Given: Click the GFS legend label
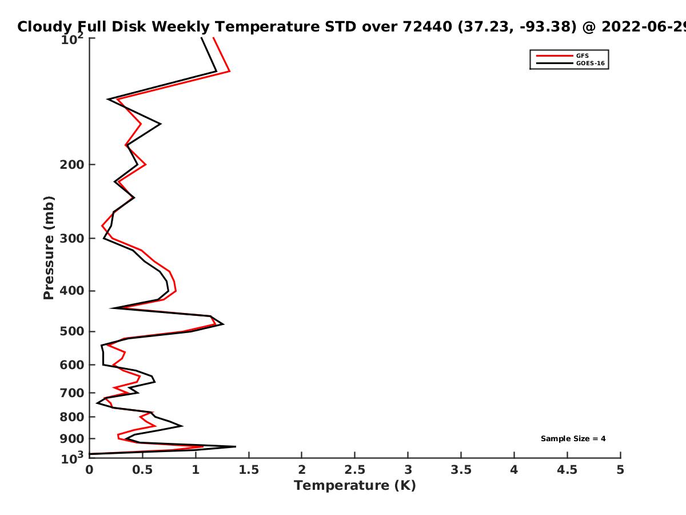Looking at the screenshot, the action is click(582, 56).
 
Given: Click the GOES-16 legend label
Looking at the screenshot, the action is click(591, 63).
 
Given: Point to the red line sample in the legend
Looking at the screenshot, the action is click(555, 56).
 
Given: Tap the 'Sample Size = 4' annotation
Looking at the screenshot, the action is click(573, 438).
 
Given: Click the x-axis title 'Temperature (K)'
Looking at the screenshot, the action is click(355, 486).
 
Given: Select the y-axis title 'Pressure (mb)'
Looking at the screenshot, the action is click(49, 248).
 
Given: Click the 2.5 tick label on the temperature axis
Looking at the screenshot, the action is click(355, 470).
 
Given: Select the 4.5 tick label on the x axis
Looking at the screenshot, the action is click(567, 470).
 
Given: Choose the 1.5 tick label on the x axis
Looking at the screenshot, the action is click(249, 470).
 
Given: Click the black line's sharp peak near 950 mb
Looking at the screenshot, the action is click(236, 446).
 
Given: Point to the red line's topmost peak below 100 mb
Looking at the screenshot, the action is click(230, 72).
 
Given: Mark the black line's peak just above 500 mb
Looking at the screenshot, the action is click(223, 324).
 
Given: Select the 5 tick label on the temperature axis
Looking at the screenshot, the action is click(620, 470).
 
